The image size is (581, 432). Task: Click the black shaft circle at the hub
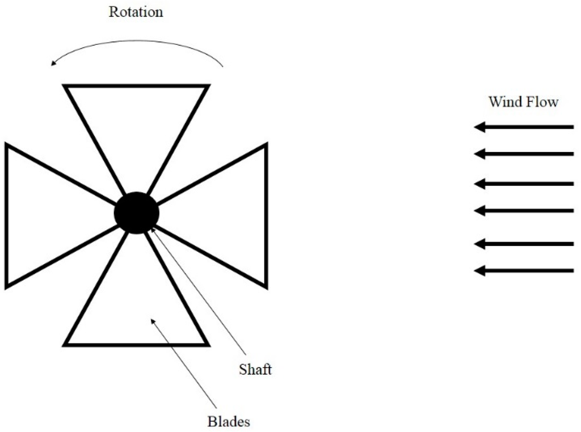136,213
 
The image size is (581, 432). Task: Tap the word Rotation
136,12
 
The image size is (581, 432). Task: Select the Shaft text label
255,370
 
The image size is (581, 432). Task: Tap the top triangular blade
136,125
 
